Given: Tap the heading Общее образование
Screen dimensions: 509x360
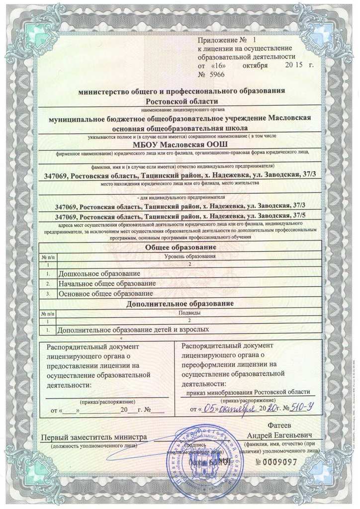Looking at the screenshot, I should [x=180, y=247].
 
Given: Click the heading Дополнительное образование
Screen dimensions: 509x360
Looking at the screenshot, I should [x=180, y=303].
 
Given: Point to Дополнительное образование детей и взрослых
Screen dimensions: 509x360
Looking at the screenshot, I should [x=131, y=329].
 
